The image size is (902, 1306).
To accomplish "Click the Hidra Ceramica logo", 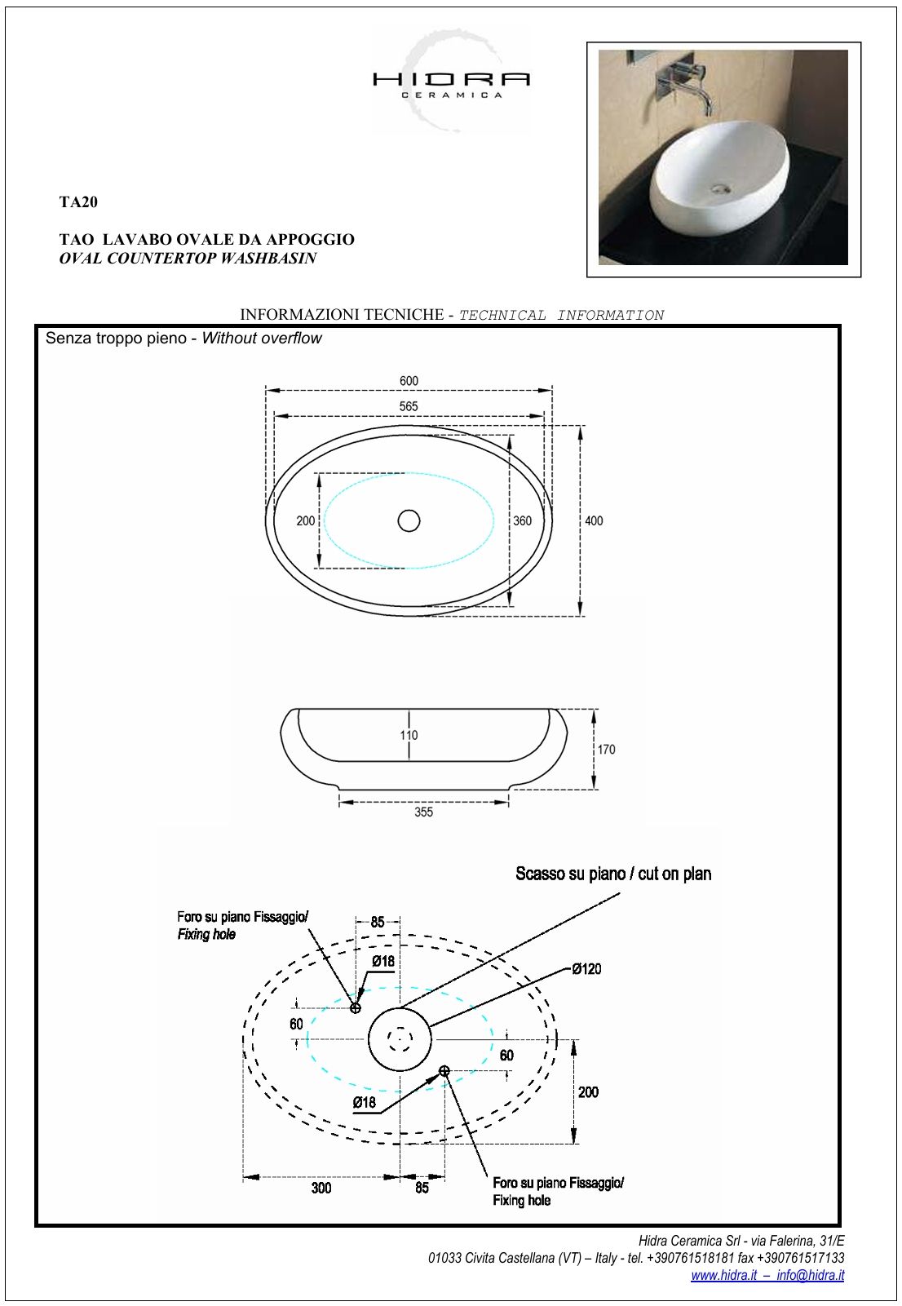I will pyautogui.click(x=451, y=81).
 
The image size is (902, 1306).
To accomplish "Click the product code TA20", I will pyautogui.click(x=78, y=201).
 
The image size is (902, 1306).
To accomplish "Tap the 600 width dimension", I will pyautogui.click(x=409, y=381).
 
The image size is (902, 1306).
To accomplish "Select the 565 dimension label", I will pyautogui.click(x=409, y=406).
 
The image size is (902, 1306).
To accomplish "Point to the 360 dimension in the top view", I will pyautogui.click(x=522, y=521).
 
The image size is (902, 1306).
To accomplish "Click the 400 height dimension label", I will pyautogui.click(x=594, y=521).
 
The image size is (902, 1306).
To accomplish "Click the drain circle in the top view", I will pyautogui.click(x=409, y=520).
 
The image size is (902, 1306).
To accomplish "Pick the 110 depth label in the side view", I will pyautogui.click(x=409, y=735).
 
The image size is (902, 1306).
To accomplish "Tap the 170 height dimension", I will pyautogui.click(x=606, y=749).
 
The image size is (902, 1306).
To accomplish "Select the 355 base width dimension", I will pyautogui.click(x=423, y=812).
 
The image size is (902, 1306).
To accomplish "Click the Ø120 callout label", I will pyautogui.click(x=586, y=968).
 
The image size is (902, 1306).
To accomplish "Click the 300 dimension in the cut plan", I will pyautogui.click(x=321, y=1188).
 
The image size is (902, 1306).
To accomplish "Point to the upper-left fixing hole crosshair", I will pyautogui.click(x=355, y=1008).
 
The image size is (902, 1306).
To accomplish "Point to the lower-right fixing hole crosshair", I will pyautogui.click(x=444, y=1070).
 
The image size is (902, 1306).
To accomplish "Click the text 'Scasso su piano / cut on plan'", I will pyautogui.click(x=613, y=874).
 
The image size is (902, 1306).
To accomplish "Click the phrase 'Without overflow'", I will pyautogui.click(x=262, y=338).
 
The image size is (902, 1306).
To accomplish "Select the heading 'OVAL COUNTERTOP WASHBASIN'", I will pyautogui.click(x=188, y=259).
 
